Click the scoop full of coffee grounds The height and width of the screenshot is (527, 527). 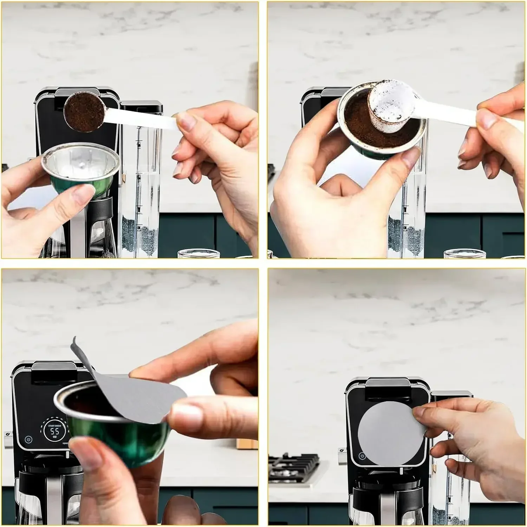coord(85,111)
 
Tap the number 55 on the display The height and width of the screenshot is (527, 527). coord(54,431)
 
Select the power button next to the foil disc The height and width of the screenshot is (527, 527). coord(362,456)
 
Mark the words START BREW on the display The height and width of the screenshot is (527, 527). coord(54,425)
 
